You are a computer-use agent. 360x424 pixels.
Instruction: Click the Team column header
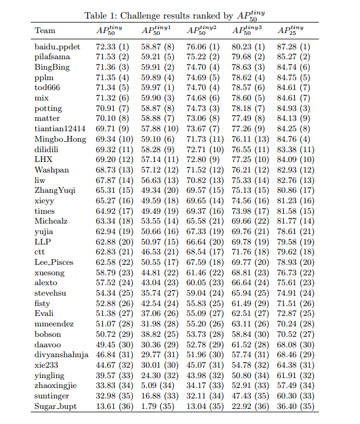coord(45,30)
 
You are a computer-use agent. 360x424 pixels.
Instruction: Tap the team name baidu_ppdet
coord(57,46)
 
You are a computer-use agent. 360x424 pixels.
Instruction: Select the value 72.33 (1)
coord(113,46)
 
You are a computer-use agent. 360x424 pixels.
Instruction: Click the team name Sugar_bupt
coord(56,407)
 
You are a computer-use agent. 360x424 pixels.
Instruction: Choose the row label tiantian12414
coord(60,128)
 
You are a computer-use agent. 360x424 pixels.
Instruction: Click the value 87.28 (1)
coord(294,46)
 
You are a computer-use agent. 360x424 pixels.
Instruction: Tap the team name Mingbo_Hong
coord(60,139)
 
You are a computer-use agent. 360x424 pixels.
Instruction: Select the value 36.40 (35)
coord(294,407)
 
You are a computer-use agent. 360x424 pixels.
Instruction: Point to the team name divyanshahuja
coord(62,355)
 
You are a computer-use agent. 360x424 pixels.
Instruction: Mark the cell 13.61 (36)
coord(113,407)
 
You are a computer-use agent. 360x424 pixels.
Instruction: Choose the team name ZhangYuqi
coord(55,191)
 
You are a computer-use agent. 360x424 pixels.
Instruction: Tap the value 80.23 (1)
coord(249,46)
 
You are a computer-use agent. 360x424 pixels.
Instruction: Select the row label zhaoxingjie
coord(56,386)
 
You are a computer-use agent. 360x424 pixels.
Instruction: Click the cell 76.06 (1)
coord(203,46)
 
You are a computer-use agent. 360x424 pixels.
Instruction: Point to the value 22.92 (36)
coord(249,407)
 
